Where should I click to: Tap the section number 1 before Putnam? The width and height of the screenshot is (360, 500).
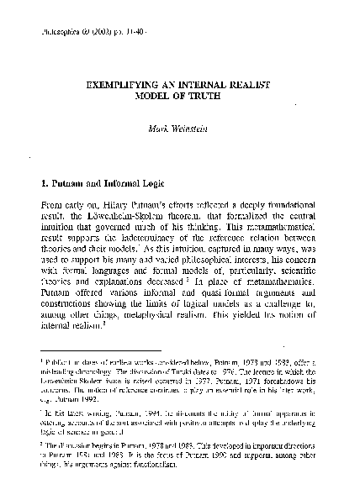(45, 182)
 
